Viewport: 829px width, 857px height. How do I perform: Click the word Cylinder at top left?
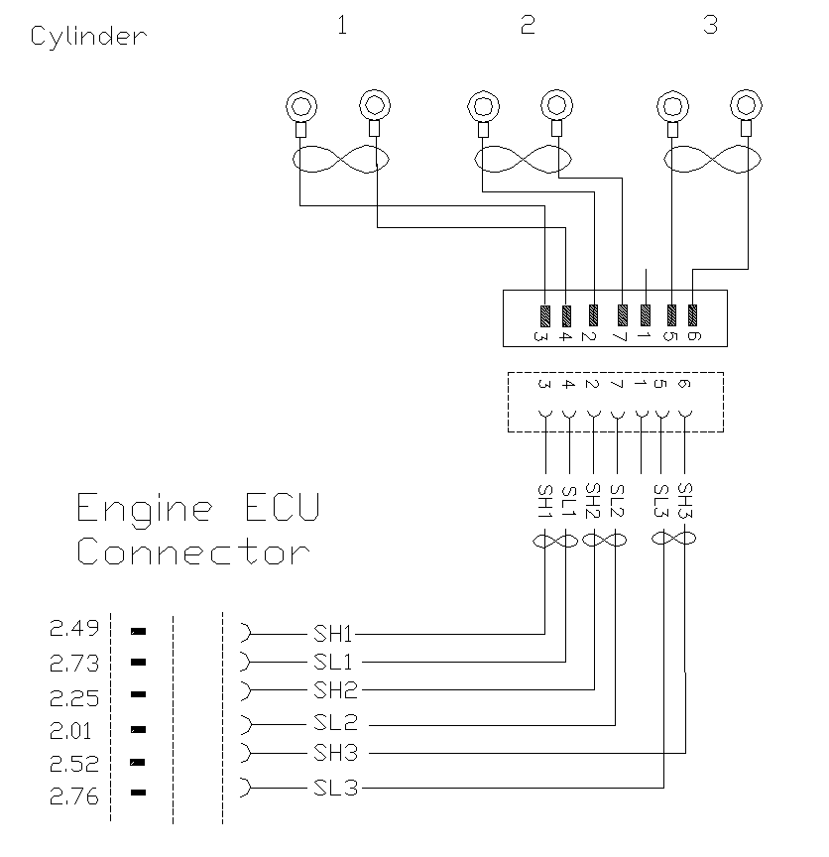[x=88, y=37]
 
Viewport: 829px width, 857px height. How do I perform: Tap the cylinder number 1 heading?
[x=342, y=26]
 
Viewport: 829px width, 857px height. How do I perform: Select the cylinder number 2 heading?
[x=528, y=26]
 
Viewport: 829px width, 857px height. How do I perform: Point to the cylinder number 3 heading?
[x=710, y=26]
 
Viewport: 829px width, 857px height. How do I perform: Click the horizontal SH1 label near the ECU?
[x=333, y=633]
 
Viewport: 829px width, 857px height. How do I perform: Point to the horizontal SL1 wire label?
[x=333, y=662]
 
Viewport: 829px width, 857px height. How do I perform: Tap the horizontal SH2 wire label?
[x=333, y=690]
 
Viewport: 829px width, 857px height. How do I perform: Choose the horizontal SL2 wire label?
[x=333, y=723]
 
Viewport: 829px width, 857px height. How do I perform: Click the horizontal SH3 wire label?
[x=333, y=753]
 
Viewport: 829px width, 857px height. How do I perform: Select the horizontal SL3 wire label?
[x=333, y=790]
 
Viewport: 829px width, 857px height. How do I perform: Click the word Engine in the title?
[x=145, y=510]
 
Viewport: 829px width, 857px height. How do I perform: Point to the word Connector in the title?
[x=193, y=551]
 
